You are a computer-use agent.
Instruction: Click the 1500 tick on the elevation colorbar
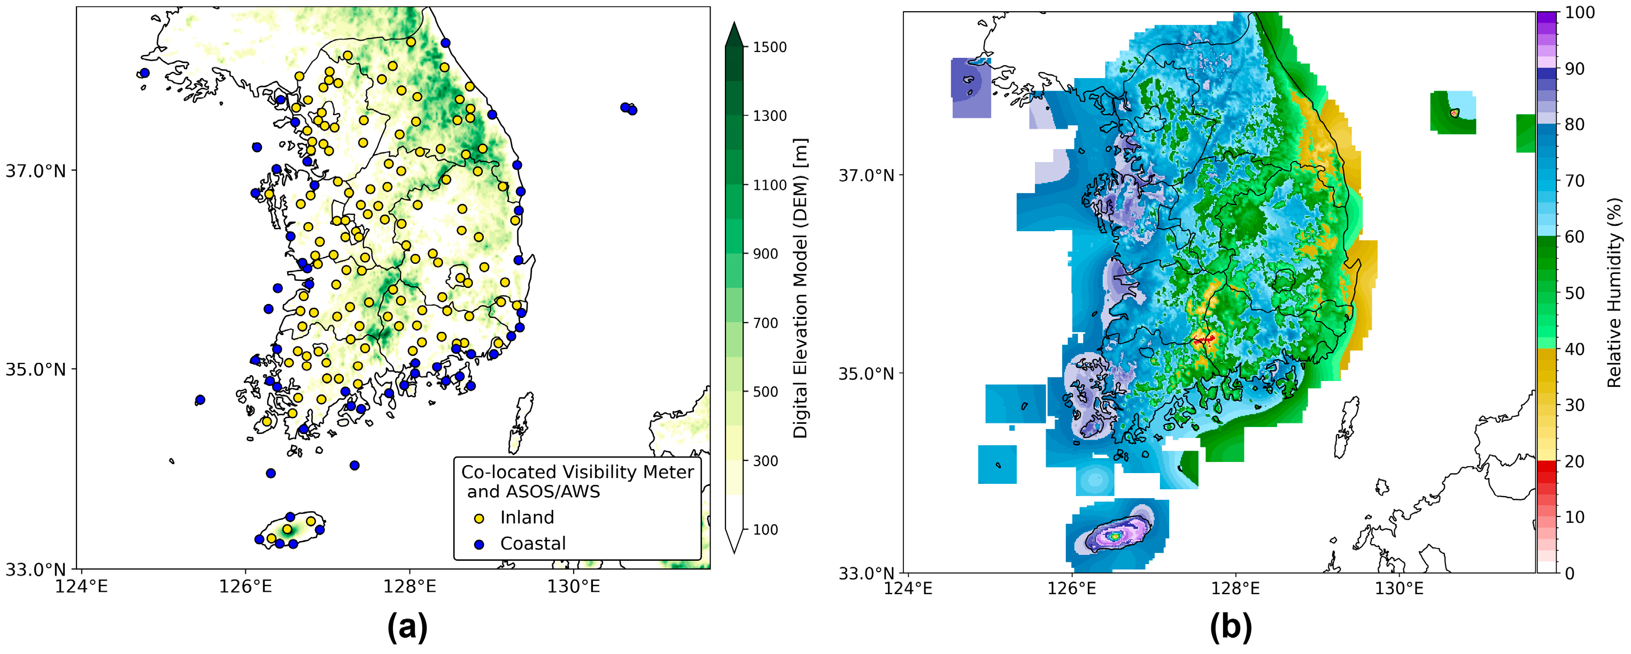coord(769,47)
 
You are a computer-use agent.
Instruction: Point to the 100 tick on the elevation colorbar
coord(765,530)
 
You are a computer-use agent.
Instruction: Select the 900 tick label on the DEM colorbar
coord(765,254)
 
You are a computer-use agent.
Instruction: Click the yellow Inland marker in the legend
coord(480,519)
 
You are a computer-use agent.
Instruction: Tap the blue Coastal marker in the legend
coord(480,544)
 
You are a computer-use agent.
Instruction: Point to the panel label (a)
coord(407,627)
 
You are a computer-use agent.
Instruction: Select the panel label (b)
coord(1231,627)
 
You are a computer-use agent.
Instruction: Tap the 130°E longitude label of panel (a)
coord(574,587)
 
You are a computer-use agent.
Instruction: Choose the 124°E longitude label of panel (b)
coord(908,589)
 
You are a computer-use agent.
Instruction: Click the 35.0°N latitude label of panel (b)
coord(866,373)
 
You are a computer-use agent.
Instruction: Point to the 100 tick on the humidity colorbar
coord(1579,13)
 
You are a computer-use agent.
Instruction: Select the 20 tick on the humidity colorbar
coord(1574,461)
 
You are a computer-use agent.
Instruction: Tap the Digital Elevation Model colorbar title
coord(801,288)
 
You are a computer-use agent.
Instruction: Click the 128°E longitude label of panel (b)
coord(1235,589)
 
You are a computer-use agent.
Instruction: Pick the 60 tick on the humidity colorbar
coord(1574,237)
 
